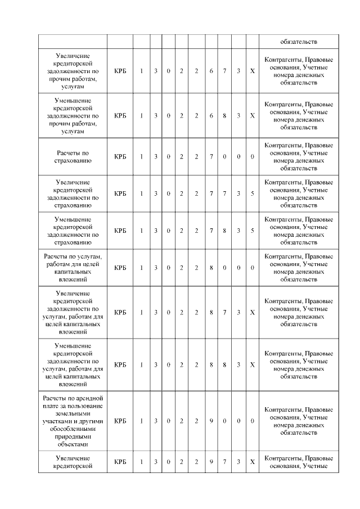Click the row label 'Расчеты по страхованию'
click(73, 156)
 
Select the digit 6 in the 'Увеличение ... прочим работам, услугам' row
click(211, 71)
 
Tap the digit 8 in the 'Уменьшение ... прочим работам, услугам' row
click(224, 116)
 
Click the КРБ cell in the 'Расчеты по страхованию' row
click(120, 156)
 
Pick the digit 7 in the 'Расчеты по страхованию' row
click(211, 156)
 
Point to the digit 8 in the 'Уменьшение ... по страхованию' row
click(224, 231)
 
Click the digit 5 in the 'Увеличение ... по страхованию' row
click(253, 193)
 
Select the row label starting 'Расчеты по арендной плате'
click(73, 421)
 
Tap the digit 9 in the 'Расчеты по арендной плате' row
click(211, 421)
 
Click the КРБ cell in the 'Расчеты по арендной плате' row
click(120, 421)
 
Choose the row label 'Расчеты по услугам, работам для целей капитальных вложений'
click(73, 268)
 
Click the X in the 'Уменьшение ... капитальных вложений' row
click(253, 364)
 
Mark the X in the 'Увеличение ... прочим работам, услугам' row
click(253, 71)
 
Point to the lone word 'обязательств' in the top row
click(299, 41)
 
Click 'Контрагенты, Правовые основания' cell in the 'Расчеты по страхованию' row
click(299, 156)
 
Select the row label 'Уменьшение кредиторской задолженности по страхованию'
click(73, 231)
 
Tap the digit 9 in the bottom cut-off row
click(211, 462)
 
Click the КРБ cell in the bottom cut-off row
click(120, 462)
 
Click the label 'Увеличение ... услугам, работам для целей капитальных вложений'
click(73, 313)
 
